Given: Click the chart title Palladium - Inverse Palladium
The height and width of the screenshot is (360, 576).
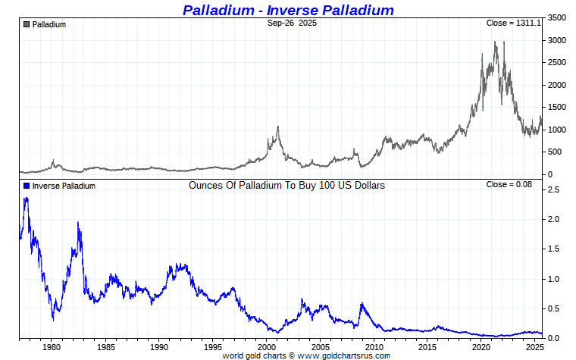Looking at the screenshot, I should (x=288, y=10).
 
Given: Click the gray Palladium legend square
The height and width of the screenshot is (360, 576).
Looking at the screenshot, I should (x=27, y=24).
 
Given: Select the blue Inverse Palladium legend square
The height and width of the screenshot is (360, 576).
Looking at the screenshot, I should (x=27, y=186).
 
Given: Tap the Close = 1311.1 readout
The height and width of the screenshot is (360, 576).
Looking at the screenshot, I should (x=513, y=23).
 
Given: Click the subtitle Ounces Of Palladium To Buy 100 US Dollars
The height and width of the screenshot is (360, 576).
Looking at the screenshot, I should (x=286, y=185).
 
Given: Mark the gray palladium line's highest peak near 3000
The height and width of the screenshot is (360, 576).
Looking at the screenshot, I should (x=495, y=42).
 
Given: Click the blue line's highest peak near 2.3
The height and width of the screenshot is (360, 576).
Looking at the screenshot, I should (x=26, y=199).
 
